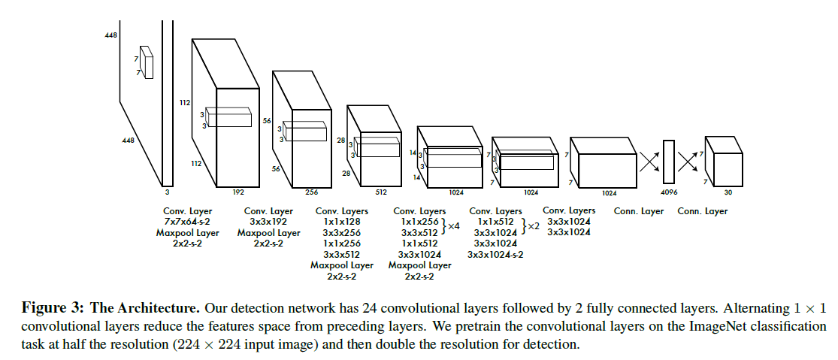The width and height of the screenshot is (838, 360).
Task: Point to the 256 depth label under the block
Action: coord(312,192)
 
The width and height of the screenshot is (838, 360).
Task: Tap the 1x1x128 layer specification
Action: coord(342,222)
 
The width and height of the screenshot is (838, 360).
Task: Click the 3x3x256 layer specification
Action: coord(342,232)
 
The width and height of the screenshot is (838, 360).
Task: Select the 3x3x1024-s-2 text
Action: coord(495,254)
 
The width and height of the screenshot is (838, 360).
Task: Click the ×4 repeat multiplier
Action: coord(453,226)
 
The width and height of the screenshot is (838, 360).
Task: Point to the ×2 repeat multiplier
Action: coord(533,226)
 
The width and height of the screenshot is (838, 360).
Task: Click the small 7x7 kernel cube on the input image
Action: coord(147,62)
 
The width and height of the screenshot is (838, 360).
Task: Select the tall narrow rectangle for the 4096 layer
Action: coord(668,162)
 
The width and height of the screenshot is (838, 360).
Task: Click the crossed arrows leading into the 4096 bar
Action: coord(649,162)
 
